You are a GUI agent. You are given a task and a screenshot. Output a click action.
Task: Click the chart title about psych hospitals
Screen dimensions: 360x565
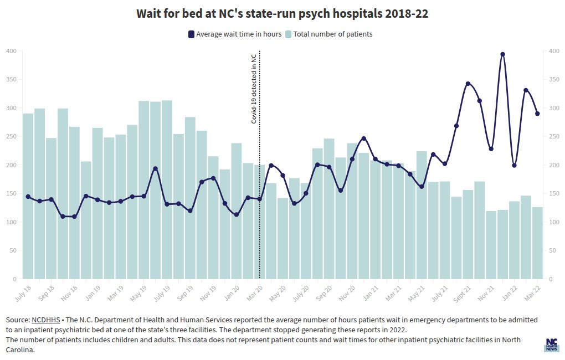pos(282,14)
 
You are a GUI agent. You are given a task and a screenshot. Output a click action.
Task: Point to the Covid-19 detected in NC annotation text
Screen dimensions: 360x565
pos(254,88)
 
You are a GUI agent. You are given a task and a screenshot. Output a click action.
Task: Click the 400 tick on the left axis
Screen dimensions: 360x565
pos(11,51)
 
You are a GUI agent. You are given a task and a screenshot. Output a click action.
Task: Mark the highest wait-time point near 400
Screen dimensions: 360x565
pos(502,54)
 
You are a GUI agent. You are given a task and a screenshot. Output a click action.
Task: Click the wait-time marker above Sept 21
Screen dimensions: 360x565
pos(468,84)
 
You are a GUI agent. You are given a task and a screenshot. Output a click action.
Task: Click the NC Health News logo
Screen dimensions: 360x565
pos(551,345)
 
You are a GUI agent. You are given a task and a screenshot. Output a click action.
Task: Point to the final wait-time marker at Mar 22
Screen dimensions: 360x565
pos(537,114)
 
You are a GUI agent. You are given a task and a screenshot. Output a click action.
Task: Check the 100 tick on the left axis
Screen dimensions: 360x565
pos(11,222)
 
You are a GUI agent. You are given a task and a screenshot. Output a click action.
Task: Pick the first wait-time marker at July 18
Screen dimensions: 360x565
pos(28,197)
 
